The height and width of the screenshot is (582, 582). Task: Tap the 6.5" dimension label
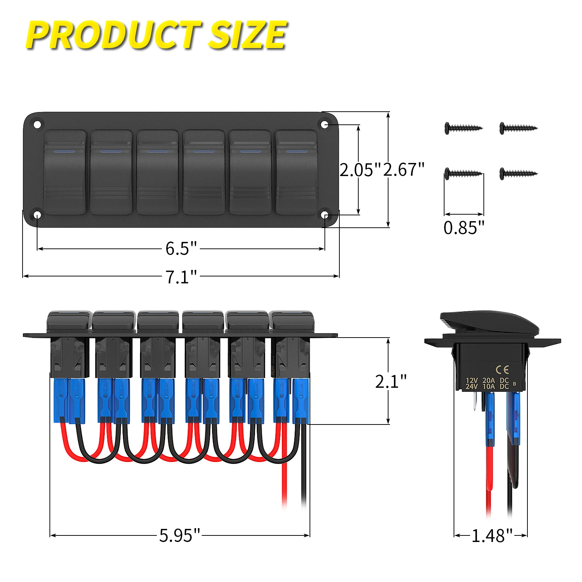pos(181,248)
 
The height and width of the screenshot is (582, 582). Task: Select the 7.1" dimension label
pos(181,277)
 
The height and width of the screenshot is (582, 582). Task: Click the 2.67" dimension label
pos(404,170)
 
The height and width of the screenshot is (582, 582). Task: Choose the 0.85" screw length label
pos(464,228)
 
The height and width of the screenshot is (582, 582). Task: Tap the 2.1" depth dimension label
pos(391,382)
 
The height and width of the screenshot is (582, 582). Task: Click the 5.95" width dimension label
pos(180,535)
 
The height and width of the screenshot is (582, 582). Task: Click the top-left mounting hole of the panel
pos(37,125)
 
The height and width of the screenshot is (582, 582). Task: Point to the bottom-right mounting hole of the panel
pos(325,215)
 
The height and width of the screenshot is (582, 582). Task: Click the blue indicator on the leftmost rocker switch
pos(65,151)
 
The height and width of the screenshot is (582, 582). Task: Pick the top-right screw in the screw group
pos(518,128)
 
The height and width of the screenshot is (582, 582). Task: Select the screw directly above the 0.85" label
pos(463,173)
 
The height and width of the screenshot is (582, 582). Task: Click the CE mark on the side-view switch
pos(502,370)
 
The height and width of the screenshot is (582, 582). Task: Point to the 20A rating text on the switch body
pos(489,380)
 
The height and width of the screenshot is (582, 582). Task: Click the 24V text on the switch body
pos(471,387)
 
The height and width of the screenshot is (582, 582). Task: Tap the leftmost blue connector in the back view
pos(61,400)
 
